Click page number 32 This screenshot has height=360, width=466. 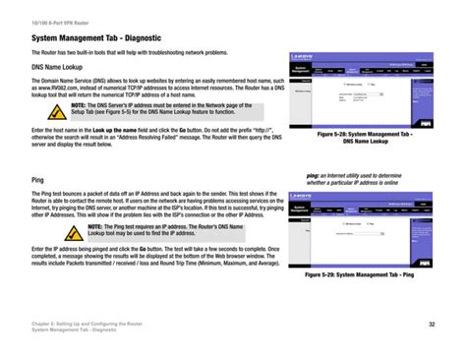(x=432, y=326)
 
